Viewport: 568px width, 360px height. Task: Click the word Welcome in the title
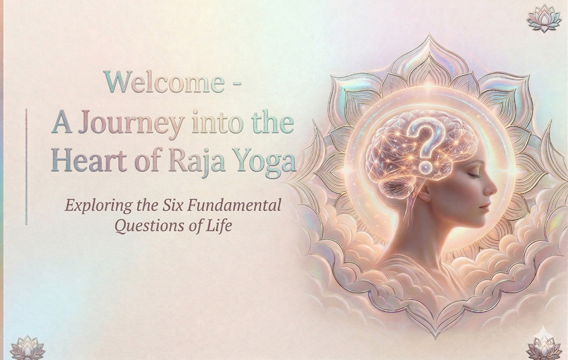(x=164, y=82)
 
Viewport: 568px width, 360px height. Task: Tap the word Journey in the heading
(x=131, y=123)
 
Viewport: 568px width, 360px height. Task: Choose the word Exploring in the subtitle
(x=98, y=206)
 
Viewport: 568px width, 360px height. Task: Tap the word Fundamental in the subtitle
(x=234, y=205)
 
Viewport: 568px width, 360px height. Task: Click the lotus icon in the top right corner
(x=544, y=18)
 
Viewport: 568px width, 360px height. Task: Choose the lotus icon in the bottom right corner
(x=544, y=347)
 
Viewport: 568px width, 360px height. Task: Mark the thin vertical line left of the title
(x=26, y=167)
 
